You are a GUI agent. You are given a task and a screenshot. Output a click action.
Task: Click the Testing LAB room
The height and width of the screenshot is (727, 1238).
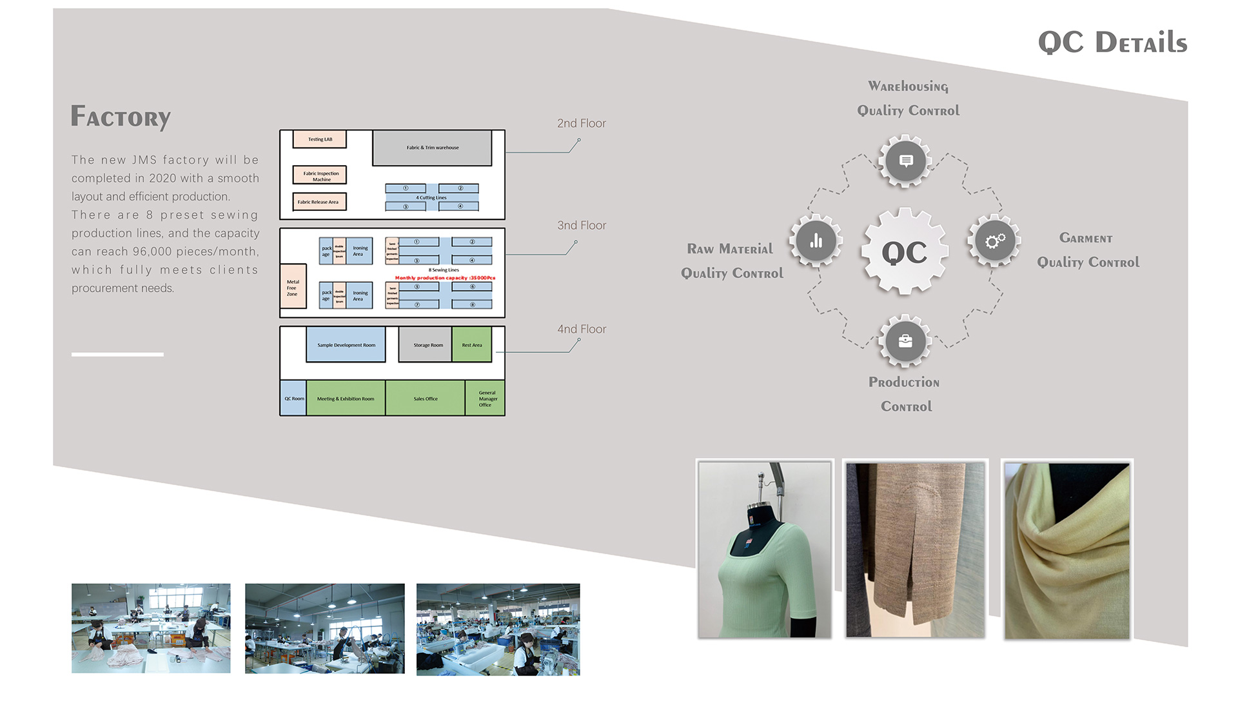tap(320, 139)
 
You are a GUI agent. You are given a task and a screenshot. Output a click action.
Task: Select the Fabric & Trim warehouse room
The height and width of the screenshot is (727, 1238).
tap(432, 148)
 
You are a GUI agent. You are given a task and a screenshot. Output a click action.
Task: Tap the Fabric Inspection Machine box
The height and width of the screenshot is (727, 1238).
tap(320, 175)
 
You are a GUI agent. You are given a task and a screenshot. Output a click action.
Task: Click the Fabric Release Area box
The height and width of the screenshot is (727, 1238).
tap(319, 202)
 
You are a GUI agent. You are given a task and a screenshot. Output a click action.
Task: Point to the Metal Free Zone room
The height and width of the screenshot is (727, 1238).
tap(293, 286)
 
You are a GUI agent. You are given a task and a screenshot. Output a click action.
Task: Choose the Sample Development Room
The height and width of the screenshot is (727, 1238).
tap(346, 344)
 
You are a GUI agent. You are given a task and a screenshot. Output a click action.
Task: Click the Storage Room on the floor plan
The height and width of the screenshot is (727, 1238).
tap(426, 344)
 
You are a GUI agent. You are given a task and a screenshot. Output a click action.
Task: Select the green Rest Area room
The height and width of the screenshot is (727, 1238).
tap(472, 344)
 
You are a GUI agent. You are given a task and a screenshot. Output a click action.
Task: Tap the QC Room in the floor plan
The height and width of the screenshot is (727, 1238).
tap(293, 399)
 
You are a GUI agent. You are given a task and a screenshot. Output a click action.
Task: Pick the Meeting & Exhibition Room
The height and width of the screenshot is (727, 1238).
tap(346, 399)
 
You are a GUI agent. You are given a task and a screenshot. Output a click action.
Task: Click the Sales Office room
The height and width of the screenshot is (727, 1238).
tap(426, 399)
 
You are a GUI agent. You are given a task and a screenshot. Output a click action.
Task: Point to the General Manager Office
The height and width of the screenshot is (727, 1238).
tap(486, 399)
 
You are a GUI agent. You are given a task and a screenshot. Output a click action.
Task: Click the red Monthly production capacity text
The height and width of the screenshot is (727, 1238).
tap(445, 278)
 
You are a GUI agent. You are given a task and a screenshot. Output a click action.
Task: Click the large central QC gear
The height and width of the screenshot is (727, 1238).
tap(905, 252)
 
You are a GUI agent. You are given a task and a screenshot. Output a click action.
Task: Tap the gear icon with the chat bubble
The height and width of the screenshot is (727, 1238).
tap(905, 161)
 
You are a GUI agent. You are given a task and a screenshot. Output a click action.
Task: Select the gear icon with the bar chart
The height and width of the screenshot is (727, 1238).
tap(816, 241)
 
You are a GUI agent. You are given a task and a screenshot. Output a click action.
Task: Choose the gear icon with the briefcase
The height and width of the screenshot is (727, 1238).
tap(905, 341)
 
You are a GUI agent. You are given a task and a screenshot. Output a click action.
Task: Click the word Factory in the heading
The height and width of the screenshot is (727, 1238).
tap(121, 117)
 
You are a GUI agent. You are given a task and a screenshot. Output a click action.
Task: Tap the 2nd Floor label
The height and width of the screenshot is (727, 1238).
tap(582, 123)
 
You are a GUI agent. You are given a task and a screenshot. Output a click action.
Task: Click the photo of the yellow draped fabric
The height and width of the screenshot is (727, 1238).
tap(1066, 550)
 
